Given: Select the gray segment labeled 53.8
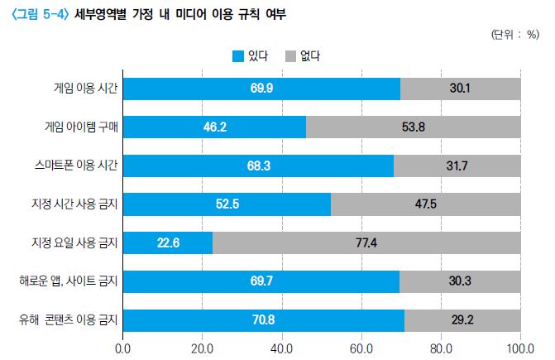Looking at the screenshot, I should [x=414, y=127].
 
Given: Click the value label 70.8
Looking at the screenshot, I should [x=262, y=319].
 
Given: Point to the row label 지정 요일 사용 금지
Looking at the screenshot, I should [x=74, y=242].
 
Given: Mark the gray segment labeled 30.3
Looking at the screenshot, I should [x=460, y=281].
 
